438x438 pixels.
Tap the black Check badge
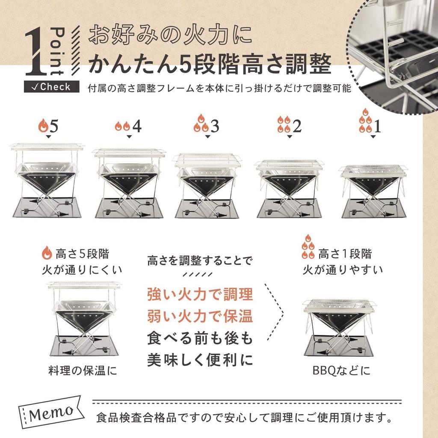[52, 87]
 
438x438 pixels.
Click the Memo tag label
[51, 413]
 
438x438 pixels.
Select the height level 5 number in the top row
[54, 126]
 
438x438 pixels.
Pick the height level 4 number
[136, 126]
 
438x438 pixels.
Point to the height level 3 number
[215, 126]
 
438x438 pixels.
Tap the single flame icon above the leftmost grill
[43, 126]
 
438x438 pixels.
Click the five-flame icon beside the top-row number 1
[365, 122]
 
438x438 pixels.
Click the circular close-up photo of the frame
[396, 56]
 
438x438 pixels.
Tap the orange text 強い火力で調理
[200, 294]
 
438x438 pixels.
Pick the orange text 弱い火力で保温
[200, 317]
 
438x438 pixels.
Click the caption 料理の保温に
[82, 370]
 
